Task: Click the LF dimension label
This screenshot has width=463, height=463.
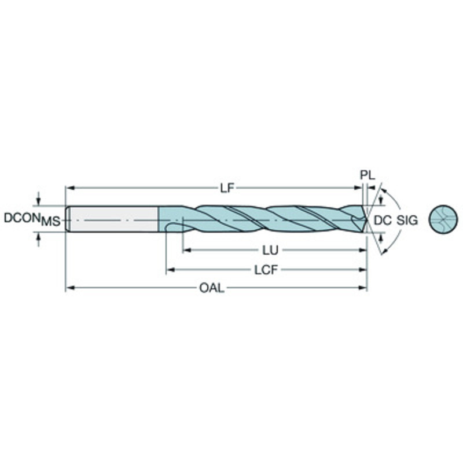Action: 227,188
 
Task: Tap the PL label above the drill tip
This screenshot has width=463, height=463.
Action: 367,175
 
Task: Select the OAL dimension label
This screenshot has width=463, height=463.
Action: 212,288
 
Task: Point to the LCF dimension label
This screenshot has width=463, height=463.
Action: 266,270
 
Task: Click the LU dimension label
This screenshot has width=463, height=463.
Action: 270,251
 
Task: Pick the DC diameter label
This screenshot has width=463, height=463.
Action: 383,221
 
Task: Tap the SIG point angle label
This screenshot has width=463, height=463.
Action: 407,221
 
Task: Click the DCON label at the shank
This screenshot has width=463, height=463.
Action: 22,218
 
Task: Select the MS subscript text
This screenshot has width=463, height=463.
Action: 51,222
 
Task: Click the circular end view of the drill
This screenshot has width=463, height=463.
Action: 443,219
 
